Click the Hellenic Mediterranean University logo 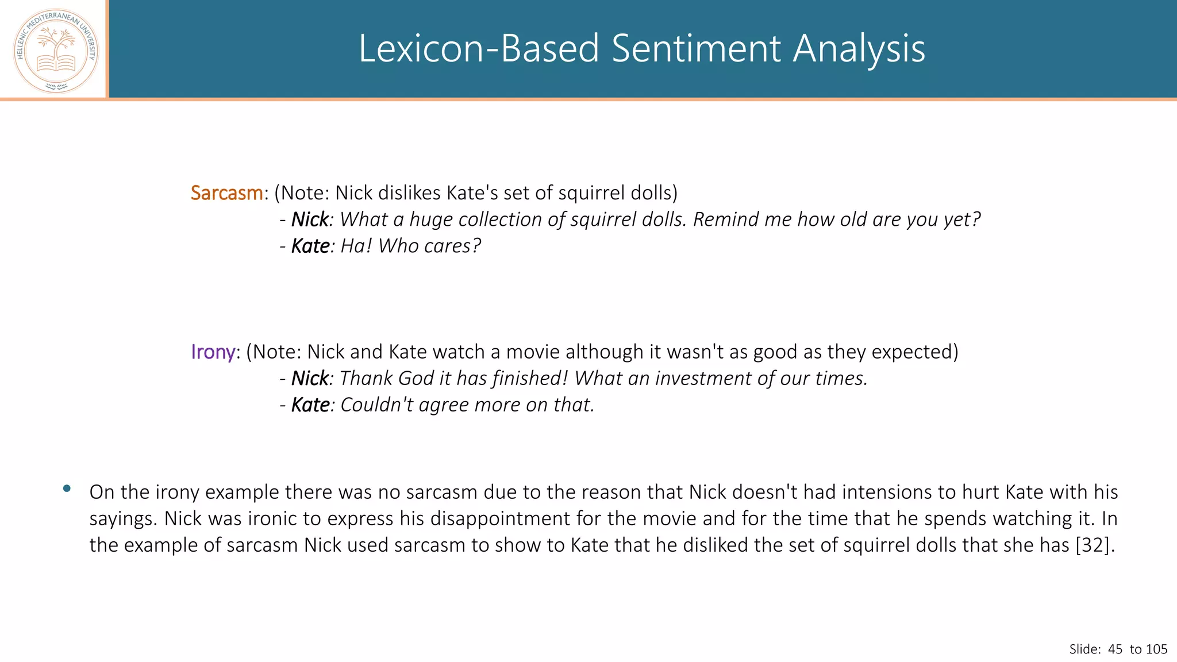coord(56,51)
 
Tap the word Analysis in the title coord(859,48)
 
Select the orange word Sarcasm coord(227,193)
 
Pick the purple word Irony coord(213,352)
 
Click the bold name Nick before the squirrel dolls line coord(310,220)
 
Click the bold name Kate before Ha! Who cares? coord(310,246)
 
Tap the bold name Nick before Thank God coord(310,378)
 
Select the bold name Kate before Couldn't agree coord(310,405)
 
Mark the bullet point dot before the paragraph coord(67,488)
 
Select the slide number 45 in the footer coord(1115,649)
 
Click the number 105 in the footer coord(1156,649)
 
